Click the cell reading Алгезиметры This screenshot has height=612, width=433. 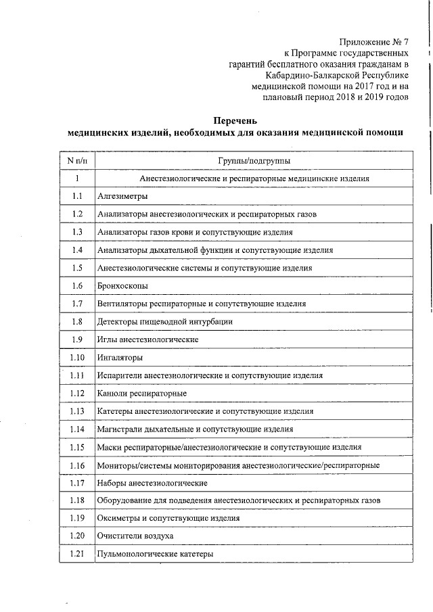click(122, 197)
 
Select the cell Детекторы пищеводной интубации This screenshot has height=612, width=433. click(164, 322)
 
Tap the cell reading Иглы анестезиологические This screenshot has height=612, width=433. click(147, 339)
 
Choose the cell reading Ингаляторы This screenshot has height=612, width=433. click(120, 358)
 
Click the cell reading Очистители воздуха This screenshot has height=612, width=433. click(135, 536)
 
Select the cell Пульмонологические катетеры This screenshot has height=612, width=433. click(155, 554)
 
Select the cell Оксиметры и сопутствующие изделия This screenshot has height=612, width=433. click(168, 518)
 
